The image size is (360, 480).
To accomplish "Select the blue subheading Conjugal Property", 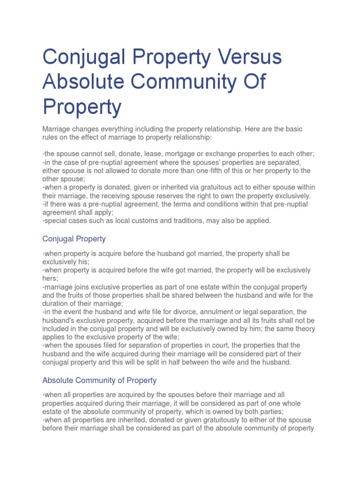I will click(x=74, y=239).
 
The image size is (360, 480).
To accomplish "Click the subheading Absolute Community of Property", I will click(x=99, y=380).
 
